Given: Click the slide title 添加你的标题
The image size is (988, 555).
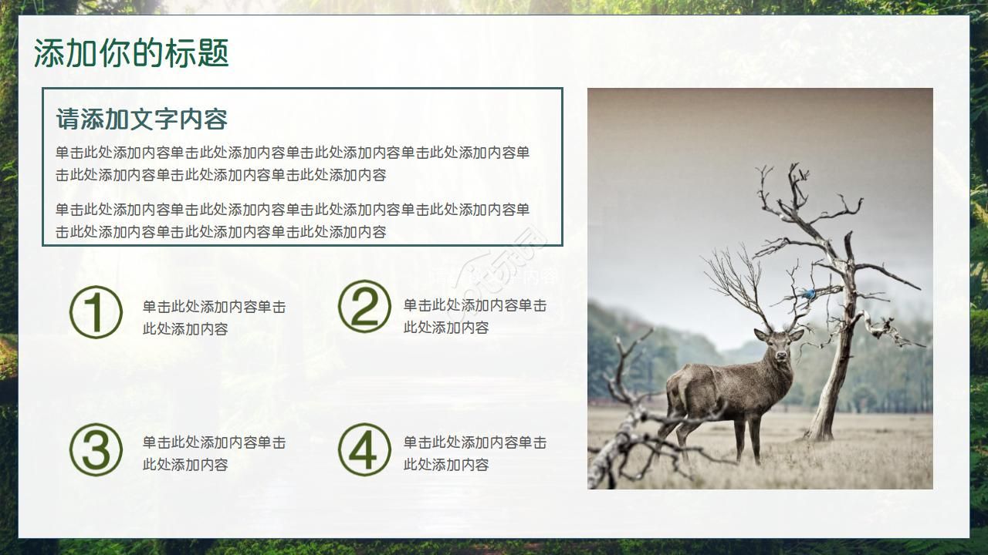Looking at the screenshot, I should (131, 54).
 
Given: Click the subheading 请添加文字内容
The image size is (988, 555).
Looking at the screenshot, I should (142, 119).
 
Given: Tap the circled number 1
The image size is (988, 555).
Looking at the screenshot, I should (96, 313).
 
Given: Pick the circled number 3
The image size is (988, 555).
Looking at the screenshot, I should (96, 449).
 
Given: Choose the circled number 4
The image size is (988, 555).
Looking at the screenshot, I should (364, 449).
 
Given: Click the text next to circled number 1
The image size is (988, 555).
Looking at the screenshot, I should (214, 318).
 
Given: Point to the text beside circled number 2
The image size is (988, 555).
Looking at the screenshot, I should (475, 316).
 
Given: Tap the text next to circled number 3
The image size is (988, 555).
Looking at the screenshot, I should (214, 453).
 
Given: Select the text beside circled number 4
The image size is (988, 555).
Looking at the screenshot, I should (475, 453).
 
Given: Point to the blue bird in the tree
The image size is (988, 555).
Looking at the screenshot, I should (808, 294).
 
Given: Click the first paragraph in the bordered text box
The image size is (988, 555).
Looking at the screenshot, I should (293, 163).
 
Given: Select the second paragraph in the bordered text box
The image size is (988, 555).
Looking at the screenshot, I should (293, 220).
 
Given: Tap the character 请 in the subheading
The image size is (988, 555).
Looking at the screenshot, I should (67, 119).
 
